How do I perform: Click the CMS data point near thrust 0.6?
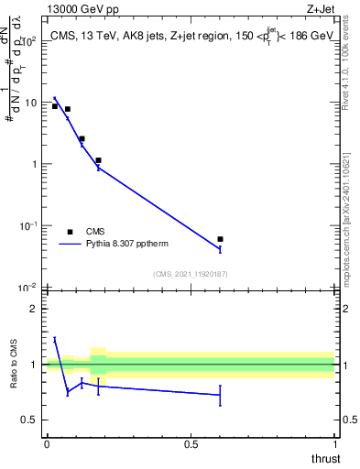pos(220,239)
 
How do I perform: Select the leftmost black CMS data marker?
pos(55,106)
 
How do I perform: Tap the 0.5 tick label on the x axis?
pos(191,444)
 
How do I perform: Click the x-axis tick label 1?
pos(334,444)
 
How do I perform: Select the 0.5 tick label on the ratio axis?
pos(29,420)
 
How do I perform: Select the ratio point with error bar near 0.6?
pos(220,395)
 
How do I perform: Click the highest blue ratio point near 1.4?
pos(55,339)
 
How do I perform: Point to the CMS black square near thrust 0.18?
pos(98,160)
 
